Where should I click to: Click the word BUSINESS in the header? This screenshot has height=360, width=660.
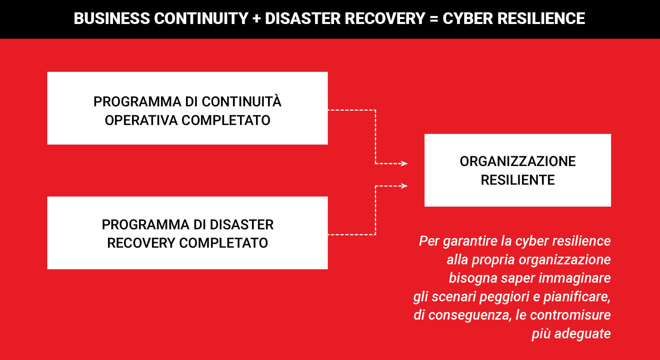point(112,18)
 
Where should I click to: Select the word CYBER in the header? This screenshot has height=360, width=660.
point(468,18)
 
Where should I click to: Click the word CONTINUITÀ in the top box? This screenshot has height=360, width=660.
point(242,101)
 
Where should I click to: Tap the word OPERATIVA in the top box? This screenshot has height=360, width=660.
point(141,120)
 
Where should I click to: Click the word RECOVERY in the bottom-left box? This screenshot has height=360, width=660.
point(141,243)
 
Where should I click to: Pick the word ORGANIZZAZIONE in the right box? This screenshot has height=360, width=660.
point(518,161)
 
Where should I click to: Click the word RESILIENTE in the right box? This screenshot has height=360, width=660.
point(518,180)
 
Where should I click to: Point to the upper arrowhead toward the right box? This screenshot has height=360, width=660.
point(404,163)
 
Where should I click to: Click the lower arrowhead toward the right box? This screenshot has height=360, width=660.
point(404,186)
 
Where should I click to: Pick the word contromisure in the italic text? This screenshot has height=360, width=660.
point(570,315)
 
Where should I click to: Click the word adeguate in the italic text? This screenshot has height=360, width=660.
point(582,334)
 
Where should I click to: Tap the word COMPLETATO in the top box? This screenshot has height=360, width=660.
point(226,120)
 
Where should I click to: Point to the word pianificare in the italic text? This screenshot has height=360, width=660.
point(577,297)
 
